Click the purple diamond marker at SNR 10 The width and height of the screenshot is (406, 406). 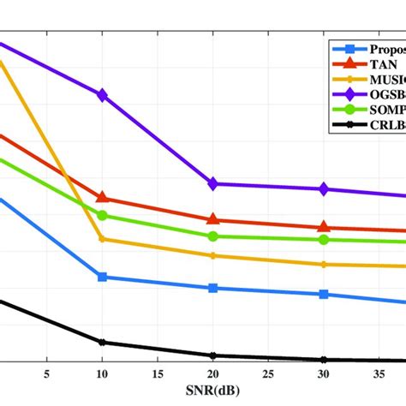(x=103, y=95)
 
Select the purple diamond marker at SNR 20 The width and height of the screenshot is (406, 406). (x=213, y=183)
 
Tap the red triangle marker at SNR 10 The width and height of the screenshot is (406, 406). (x=103, y=198)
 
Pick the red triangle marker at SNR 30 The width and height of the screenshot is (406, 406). (x=324, y=227)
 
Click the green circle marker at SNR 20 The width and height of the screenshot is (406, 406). (x=213, y=236)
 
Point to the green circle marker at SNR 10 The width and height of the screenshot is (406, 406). (x=103, y=216)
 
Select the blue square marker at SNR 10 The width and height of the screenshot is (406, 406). (x=103, y=277)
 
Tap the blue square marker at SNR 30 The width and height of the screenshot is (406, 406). (x=324, y=294)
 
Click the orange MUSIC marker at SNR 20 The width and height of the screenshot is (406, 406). (x=213, y=255)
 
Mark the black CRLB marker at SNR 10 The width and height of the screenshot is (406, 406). (x=103, y=343)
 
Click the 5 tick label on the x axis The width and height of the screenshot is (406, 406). (x=47, y=373)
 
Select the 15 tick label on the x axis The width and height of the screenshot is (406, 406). (x=158, y=373)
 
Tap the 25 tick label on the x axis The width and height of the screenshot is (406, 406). (x=268, y=373)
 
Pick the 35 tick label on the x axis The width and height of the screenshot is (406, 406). (x=379, y=373)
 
